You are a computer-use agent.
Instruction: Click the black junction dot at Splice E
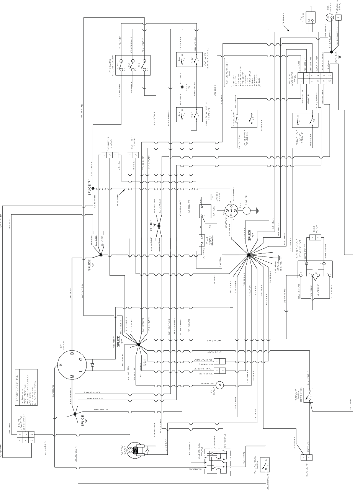tap(249, 255)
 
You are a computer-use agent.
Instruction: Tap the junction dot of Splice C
tap(139, 345)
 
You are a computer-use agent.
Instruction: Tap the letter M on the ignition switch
tap(72, 377)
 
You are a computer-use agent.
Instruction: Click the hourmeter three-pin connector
tap(109, 155)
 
